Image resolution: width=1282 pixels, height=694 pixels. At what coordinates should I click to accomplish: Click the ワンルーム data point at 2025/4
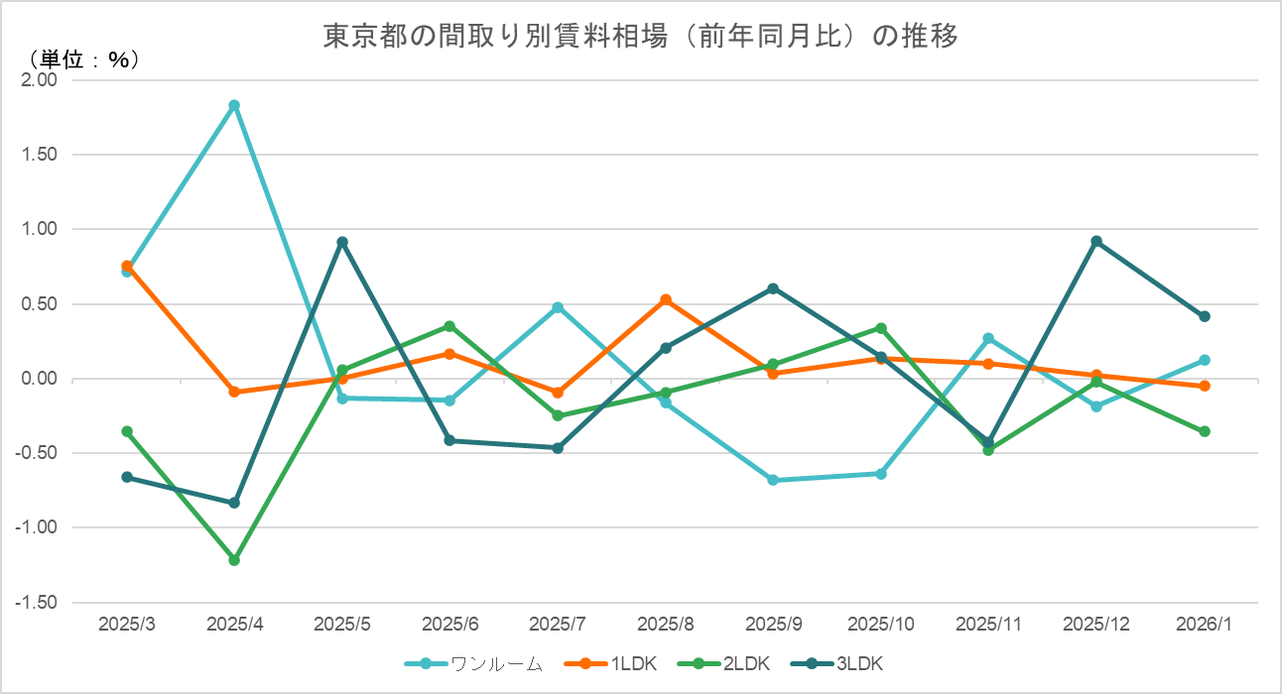click(x=234, y=105)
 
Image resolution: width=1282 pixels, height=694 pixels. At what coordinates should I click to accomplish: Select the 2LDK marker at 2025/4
click(x=234, y=560)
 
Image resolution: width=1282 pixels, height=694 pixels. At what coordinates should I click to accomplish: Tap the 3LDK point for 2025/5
click(x=342, y=242)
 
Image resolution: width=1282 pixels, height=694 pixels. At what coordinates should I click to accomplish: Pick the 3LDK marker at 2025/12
click(x=1096, y=241)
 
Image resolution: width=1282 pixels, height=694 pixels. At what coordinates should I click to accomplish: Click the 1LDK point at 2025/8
click(x=666, y=299)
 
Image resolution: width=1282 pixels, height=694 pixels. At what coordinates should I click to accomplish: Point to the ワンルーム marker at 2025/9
click(x=773, y=480)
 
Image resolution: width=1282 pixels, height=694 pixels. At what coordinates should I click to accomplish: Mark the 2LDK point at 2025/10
click(x=881, y=328)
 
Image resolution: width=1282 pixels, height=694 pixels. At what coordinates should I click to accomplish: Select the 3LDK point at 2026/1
click(x=1205, y=316)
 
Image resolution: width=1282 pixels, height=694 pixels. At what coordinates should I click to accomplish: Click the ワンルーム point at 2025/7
click(x=558, y=307)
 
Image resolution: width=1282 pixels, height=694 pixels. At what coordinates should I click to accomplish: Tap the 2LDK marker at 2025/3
click(x=127, y=431)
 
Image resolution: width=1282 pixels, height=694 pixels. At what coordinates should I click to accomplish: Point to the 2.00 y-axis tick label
click(x=40, y=80)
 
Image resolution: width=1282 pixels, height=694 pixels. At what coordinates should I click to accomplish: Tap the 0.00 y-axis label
click(x=40, y=379)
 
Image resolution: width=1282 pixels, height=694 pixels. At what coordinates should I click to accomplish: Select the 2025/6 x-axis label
click(x=449, y=625)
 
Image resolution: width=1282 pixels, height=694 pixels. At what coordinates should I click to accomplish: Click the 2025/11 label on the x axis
click(x=988, y=625)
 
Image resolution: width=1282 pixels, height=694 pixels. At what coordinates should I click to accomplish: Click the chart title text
click(x=641, y=37)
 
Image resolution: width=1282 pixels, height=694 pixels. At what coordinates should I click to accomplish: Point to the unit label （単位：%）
click(x=83, y=60)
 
